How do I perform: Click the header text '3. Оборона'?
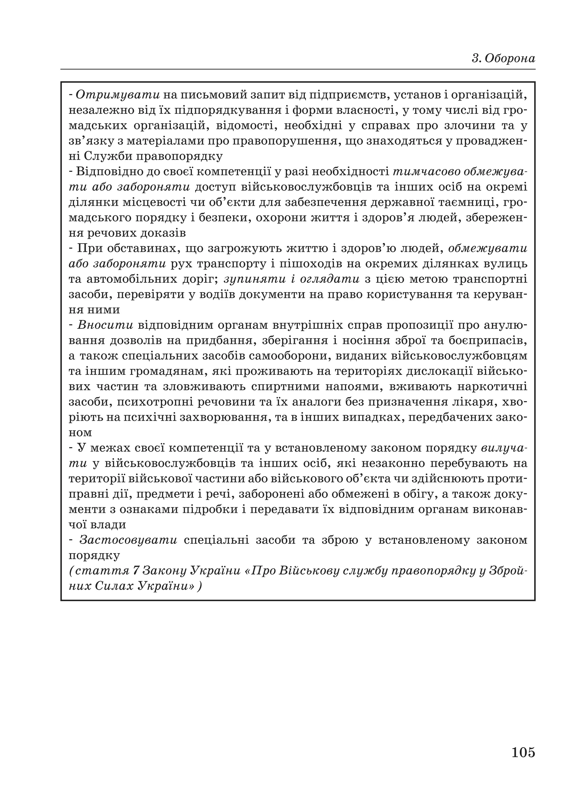point(503,58)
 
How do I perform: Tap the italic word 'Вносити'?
point(106,325)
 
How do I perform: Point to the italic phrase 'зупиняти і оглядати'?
point(292,279)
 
